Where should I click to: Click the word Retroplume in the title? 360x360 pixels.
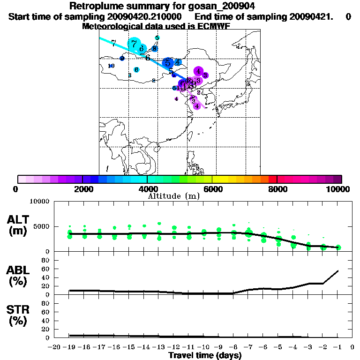[x=93, y=6]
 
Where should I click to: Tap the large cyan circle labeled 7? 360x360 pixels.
[x=135, y=44]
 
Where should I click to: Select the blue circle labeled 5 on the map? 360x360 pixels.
[x=167, y=63]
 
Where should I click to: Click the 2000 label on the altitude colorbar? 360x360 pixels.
[x=82, y=189]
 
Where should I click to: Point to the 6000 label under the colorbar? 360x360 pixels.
[x=212, y=189]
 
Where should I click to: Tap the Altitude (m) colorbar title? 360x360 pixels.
[x=173, y=196]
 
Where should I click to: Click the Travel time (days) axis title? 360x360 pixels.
[x=205, y=356]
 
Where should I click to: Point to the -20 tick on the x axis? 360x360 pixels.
[x=55, y=347]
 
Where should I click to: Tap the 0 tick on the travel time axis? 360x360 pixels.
[x=352, y=347]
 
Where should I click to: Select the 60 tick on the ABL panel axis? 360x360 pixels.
[x=46, y=269]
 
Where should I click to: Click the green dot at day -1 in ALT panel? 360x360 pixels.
[x=338, y=247]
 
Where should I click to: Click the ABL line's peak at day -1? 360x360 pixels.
[x=338, y=270]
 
